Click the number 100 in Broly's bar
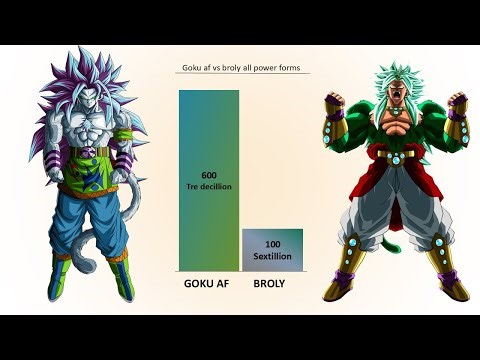click(272, 244)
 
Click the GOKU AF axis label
click(208, 283)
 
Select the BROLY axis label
click(272, 283)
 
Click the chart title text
click(240, 69)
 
